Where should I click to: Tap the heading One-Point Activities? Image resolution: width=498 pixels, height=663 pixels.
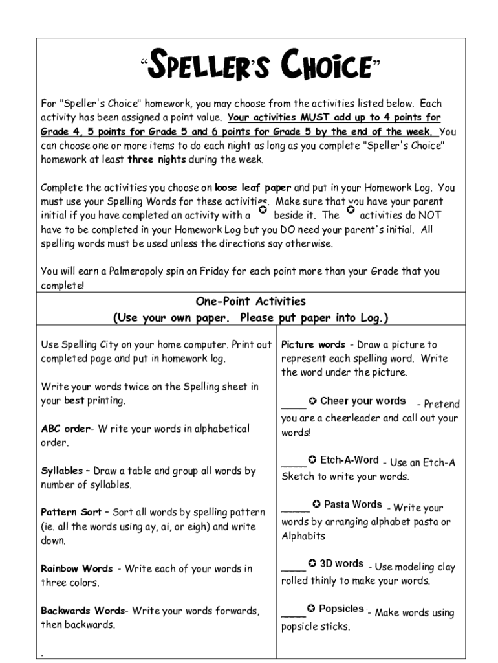[x=250, y=302]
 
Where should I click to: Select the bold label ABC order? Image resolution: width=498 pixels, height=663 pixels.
[x=65, y=429]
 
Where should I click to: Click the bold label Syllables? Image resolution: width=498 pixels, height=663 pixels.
[x=61, y=471]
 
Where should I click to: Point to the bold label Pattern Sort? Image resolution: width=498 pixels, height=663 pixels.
[x=70, y=512]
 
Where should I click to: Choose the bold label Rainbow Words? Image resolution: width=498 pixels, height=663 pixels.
[x=76, y=568]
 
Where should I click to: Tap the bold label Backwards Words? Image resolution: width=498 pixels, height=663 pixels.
[x=82, y=611]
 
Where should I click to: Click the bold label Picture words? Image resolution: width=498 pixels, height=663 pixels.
[x=313, y=344]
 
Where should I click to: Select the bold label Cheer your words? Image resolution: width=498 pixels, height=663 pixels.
[x=363, y=401]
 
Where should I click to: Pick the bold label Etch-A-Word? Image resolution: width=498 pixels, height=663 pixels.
[x=349, y=460]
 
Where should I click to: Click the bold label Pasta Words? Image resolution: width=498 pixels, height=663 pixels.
[x=352, y=504]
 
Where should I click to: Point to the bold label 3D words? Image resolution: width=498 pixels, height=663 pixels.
[x=341, y=564]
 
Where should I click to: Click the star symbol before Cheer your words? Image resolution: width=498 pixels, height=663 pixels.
[x=312, y=401]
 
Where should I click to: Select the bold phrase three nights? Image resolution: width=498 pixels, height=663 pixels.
[x=157, y=159]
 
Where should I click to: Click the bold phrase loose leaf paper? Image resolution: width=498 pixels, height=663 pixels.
[x=254, y=188]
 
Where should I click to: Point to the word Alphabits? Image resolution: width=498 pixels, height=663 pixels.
[x=303, y=536]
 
